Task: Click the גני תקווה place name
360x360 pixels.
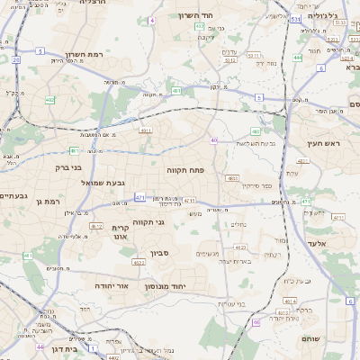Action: click(x=150, y=220)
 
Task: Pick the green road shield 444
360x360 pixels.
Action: click(x=297, y=57)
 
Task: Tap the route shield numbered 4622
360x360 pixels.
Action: click(x=139, y=263)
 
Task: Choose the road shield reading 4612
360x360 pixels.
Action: click(x=97, y=226)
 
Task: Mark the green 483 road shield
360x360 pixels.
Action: click(x=256, y=130)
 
